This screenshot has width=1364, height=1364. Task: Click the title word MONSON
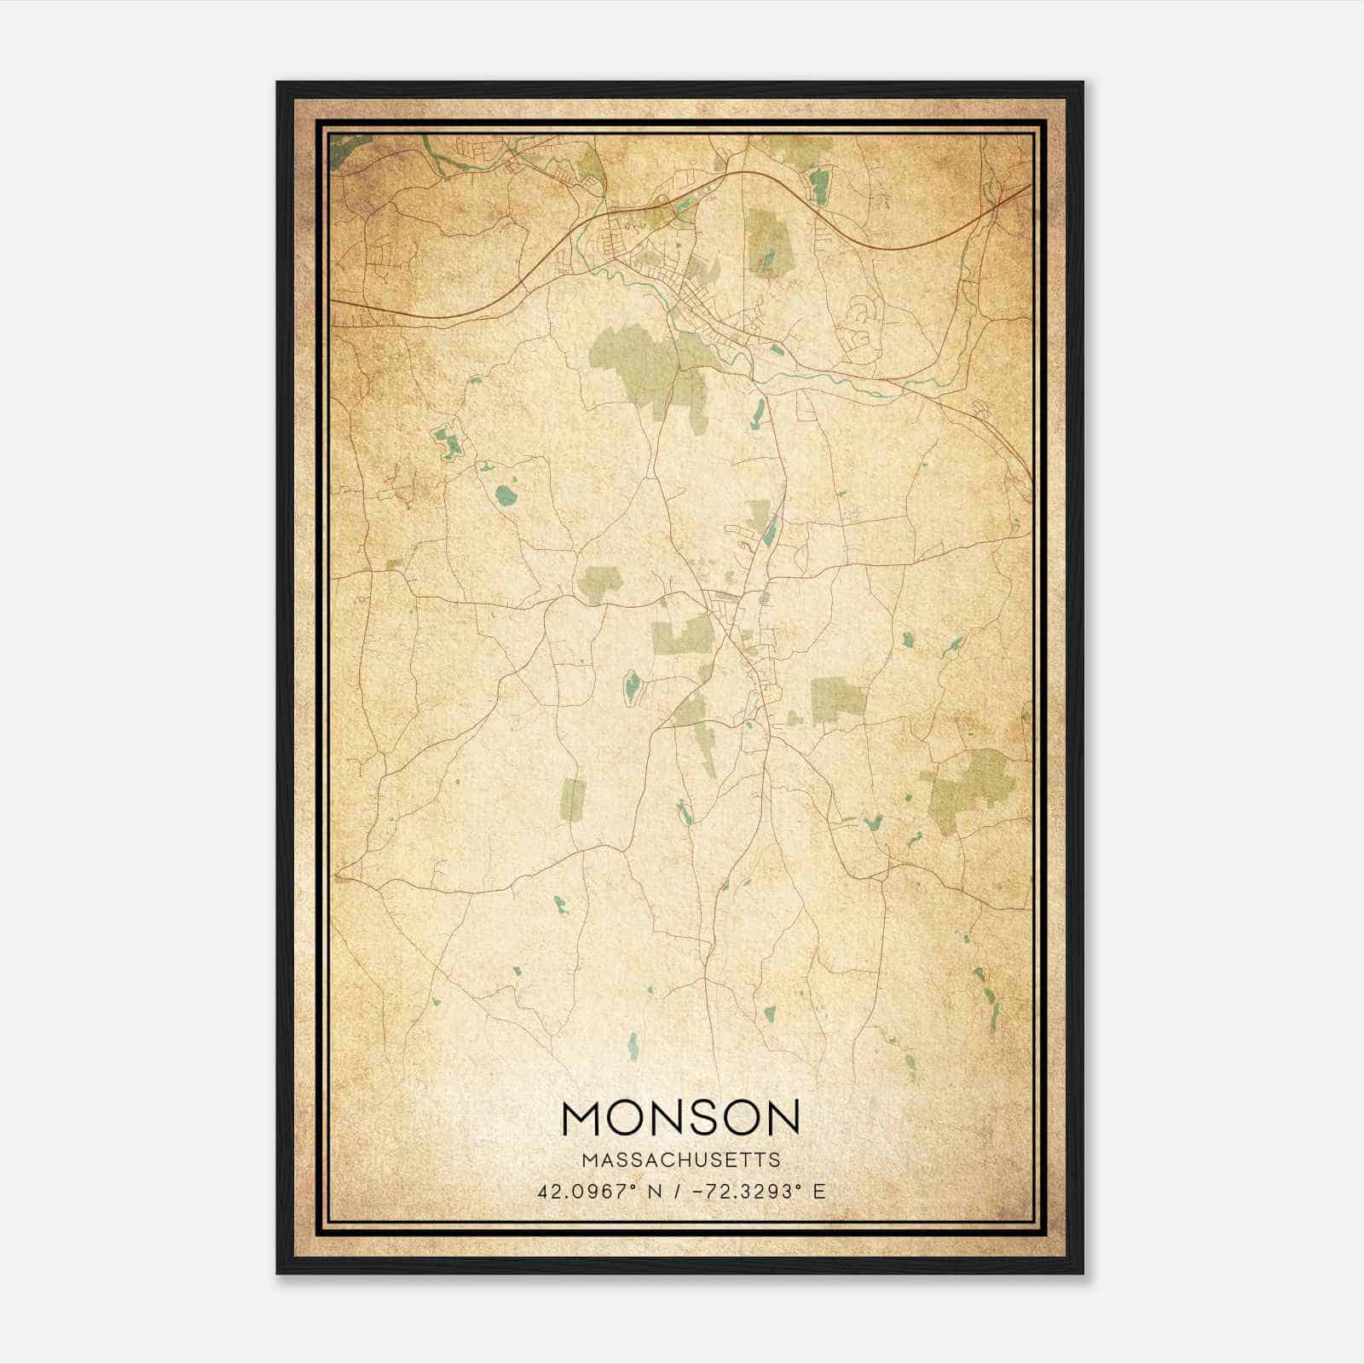coord(681,1118)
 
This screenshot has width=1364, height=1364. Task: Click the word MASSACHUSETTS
coord(681,1159)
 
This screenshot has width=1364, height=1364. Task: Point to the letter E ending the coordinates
coord(819,1192)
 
